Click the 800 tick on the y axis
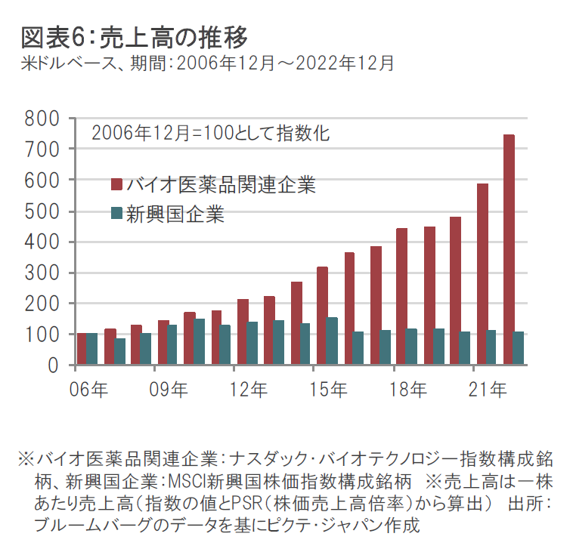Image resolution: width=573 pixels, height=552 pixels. (x=42, y=119)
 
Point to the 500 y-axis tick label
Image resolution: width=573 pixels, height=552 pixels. (x=42, y=211)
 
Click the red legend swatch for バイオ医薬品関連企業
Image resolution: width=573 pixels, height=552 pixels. (x=116, y=184)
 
